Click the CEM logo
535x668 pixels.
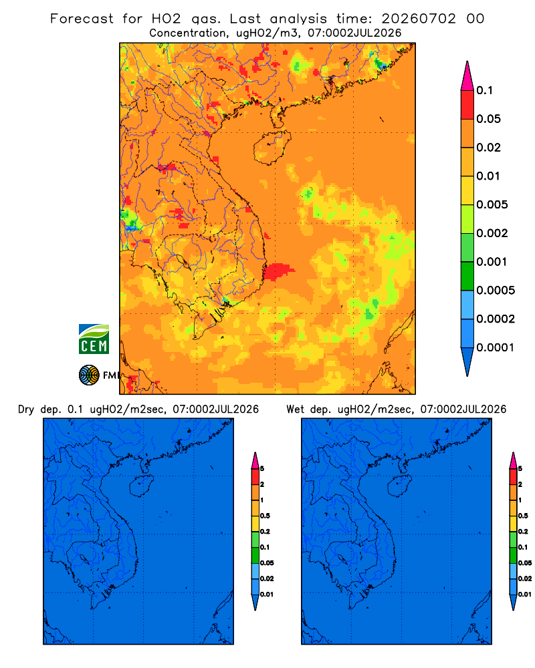coord(94,339)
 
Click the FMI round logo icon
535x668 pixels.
coord(89,375)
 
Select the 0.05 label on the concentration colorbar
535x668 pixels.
coord(488,119)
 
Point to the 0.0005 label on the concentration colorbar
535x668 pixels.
coord(496,291)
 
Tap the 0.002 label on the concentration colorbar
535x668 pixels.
coord(492,233)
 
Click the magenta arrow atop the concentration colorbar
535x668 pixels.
coord(467,75)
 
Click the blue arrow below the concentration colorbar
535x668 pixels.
coord(467,361)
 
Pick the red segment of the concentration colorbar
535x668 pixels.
coord(467,104)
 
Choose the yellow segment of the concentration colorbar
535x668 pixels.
coord(467,190)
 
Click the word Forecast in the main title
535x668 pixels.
coord(82,19)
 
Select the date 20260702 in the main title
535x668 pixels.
coord(419,19)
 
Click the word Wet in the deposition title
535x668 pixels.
coord(295,409)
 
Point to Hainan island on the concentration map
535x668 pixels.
coord(272,148)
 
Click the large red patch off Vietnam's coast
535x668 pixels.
coord(278,271)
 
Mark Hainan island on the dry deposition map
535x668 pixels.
coord(141,486)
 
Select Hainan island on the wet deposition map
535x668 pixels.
coord(399,486)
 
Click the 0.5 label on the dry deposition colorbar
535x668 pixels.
coord(265,516)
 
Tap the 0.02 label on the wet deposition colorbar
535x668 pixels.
coord(525,578)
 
